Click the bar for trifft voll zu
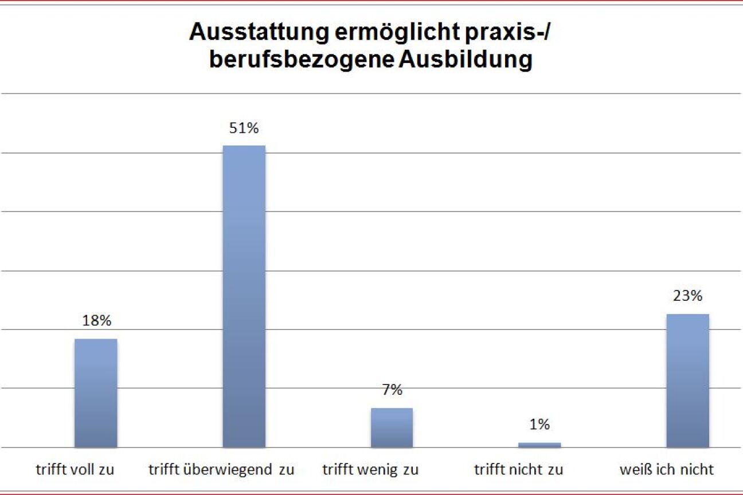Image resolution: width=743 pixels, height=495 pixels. (x=96, y=393)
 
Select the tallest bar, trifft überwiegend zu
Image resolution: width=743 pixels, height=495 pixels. (x=244, y=296)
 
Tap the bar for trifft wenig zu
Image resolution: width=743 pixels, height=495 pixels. (x=392, y=427)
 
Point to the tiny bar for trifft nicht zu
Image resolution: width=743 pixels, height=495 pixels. (x=539, y=445)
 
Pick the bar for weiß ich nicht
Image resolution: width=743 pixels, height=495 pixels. (x=687, y=380)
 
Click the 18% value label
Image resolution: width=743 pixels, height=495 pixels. (x=96, y=321)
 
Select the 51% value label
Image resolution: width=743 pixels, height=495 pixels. (x=244, y=128)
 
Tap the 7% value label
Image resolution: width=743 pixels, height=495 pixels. (x=392, y=391)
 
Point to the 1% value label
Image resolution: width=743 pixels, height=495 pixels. (x=539, y=425)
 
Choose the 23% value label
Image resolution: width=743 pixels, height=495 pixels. (x=687, y=296)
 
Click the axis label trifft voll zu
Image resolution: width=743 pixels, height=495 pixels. (x=75, y=470)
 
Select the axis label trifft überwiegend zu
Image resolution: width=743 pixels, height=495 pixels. (x=221, y=470)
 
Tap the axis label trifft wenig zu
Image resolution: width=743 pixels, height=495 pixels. (x=370, y=470)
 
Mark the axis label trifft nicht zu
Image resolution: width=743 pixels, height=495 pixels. (x=519, y=470)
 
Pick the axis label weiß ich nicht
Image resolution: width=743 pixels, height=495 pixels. (x=667, y=470)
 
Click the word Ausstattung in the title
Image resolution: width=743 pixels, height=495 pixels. (x=260, y=33)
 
